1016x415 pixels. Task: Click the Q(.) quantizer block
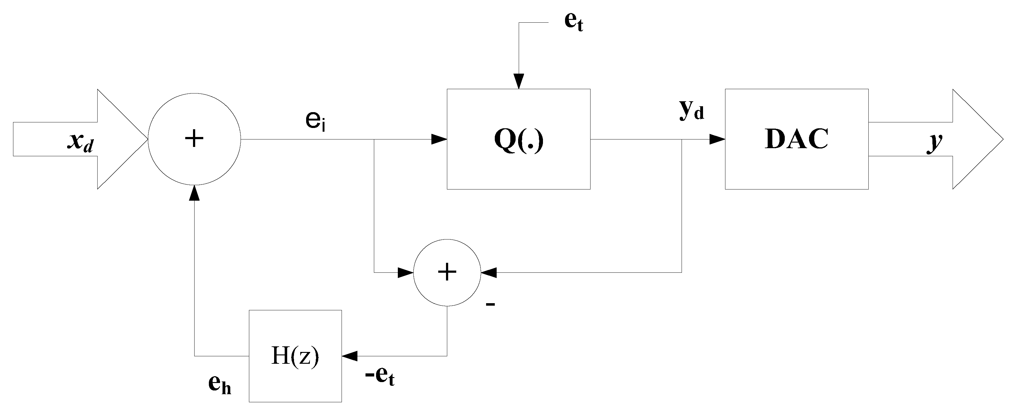518,139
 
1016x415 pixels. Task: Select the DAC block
796,139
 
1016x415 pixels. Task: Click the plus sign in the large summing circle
194,139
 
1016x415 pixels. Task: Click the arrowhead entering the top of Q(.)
519,82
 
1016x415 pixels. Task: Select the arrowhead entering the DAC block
717,139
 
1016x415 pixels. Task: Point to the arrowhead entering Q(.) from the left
439,139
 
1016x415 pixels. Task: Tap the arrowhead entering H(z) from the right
349,356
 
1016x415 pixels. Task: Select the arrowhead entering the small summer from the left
406,272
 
